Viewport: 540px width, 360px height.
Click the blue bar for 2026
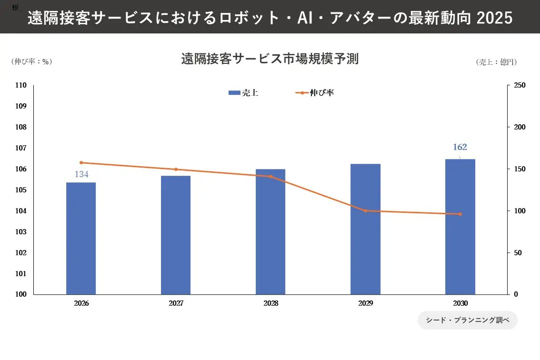pyautogui.click(x=81, y=238)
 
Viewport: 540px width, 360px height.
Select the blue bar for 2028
pyautogui.click(x=270, y=231)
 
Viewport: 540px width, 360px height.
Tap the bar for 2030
pyautogui.click(x=460, y=227)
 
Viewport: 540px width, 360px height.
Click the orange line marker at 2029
pyautogui.click(x=366, y=210)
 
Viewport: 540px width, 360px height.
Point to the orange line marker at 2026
pyautogui.click(x=81, y=162)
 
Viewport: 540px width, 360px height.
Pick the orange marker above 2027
pyautogui.click(x=176, y=169)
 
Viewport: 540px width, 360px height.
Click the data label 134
pyautogui.click(x=81, y=174)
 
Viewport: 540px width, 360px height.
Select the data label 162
pyautogui.click(x=460, y=147)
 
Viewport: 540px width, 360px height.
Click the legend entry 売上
pyautogui.click(x=243, y=93)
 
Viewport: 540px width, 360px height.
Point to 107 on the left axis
pyautogui.click(x=20, y=148)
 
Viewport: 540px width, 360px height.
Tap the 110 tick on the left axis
pyautogui.click(x=20, y=85)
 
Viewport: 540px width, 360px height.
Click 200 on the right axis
pyautogui.click(x=520, y=127)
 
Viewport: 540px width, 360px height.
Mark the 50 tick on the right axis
pyautogui.click(x=518, y=253)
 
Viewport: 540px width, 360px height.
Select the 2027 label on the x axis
pyautogui.click(x=176, y=303)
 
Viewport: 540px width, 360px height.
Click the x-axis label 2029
pyautogui.click(x=366, y=303)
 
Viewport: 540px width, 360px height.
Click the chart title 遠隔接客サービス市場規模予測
pyautogui.click(x=270, y=60)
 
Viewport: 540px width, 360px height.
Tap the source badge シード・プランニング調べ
pyautogui.click(x=467, y=320)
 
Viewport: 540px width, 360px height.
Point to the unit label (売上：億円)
pyautogui.click(x=496, y=62)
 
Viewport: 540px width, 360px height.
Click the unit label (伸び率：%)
pyautogui.click(x=31, y=61)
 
